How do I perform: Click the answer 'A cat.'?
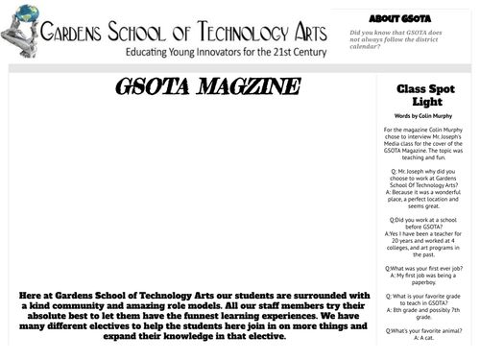click(x=423, y=338)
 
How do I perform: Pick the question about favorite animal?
click(x=423, y=330)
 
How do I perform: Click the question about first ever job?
click(x=423, y=270)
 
